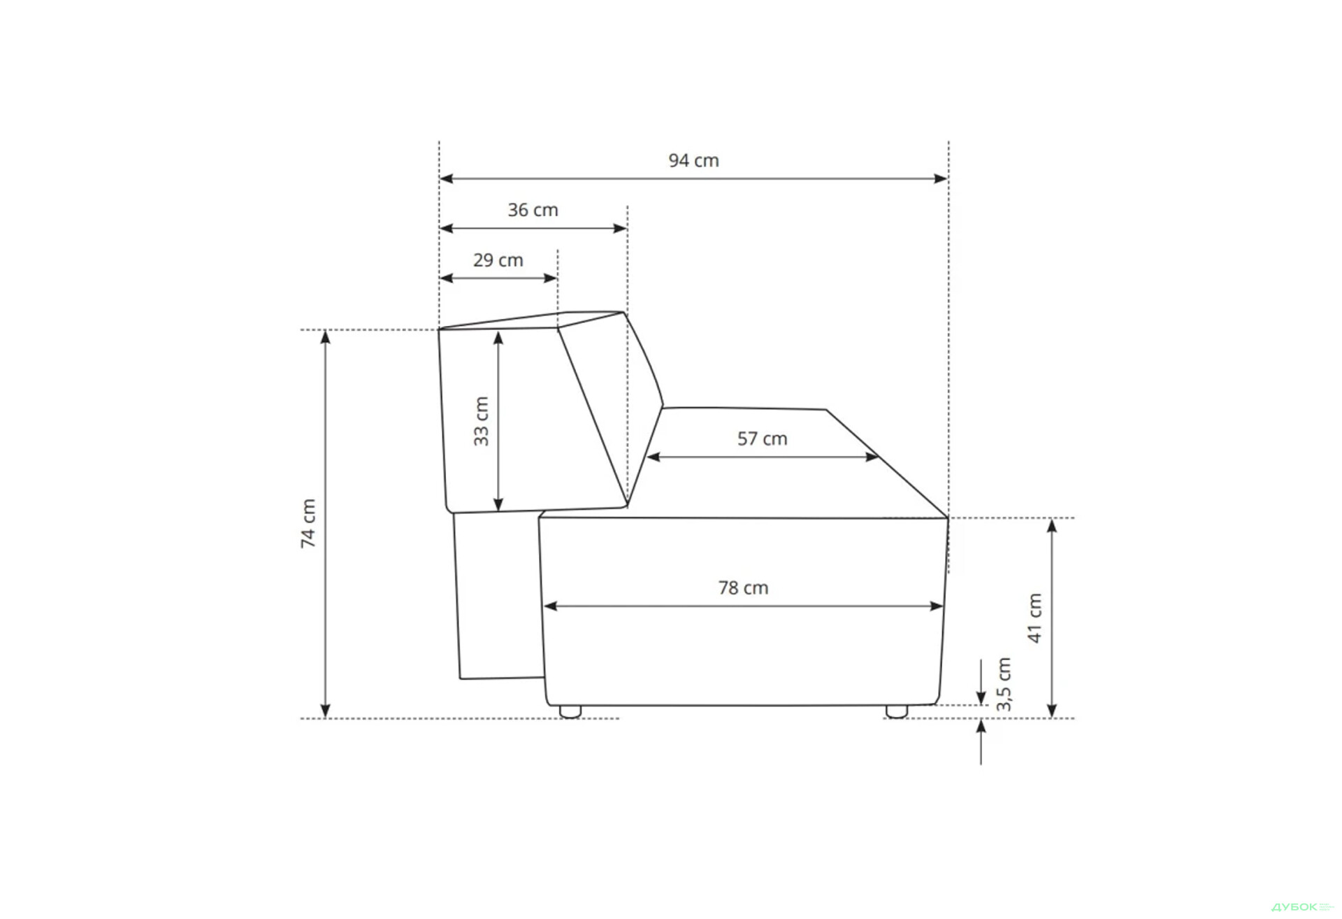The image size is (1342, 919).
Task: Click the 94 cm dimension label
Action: (693, 161)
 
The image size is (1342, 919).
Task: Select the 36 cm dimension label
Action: (533, 211)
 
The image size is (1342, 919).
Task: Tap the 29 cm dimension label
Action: (498, 260)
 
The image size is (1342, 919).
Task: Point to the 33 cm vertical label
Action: (481, 421)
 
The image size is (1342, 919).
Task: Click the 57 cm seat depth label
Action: (762, 439)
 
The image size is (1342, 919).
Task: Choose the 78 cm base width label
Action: (743, 588)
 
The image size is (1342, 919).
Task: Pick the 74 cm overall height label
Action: (308, 523)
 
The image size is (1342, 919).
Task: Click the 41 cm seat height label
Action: (1034, 618)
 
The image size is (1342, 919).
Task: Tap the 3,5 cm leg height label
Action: (1004, 684)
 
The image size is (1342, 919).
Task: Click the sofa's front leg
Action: (897, 711)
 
